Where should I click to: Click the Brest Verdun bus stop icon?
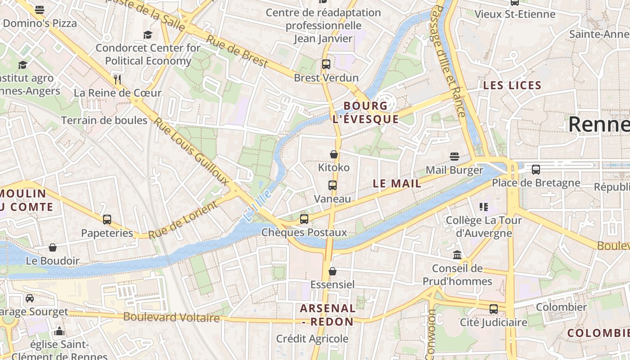click(x=326, y=64)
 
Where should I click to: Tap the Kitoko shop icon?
click(x=334, y=154)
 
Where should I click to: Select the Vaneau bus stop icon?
click(x=333, y=185)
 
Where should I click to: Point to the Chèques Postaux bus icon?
click(x=304, y=219)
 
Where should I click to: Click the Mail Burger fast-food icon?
click(x=454, y=157)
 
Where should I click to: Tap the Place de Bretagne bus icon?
click(x=536, y=170)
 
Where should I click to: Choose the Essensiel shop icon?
click(x=333, y=271)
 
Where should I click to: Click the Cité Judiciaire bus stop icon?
click(x=494, y=309)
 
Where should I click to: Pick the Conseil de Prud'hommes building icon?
click(x=457, y=255)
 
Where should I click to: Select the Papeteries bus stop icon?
click(x=107, y=220)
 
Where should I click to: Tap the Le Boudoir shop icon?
click(x=53, y=247)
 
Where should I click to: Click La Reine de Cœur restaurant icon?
click(x=117, y=80)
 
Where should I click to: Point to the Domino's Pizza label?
click(x=40, y=23)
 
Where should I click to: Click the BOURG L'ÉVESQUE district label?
click(x=365, y=112)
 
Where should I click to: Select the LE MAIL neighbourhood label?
click(x=397, y=184)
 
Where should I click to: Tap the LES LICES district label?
click(x=512, y=85)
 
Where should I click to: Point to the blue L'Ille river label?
click(x=258, y=205)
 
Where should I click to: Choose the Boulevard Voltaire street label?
click(x=171, y=317)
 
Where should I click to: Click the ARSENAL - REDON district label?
click(x=328, y=315)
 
